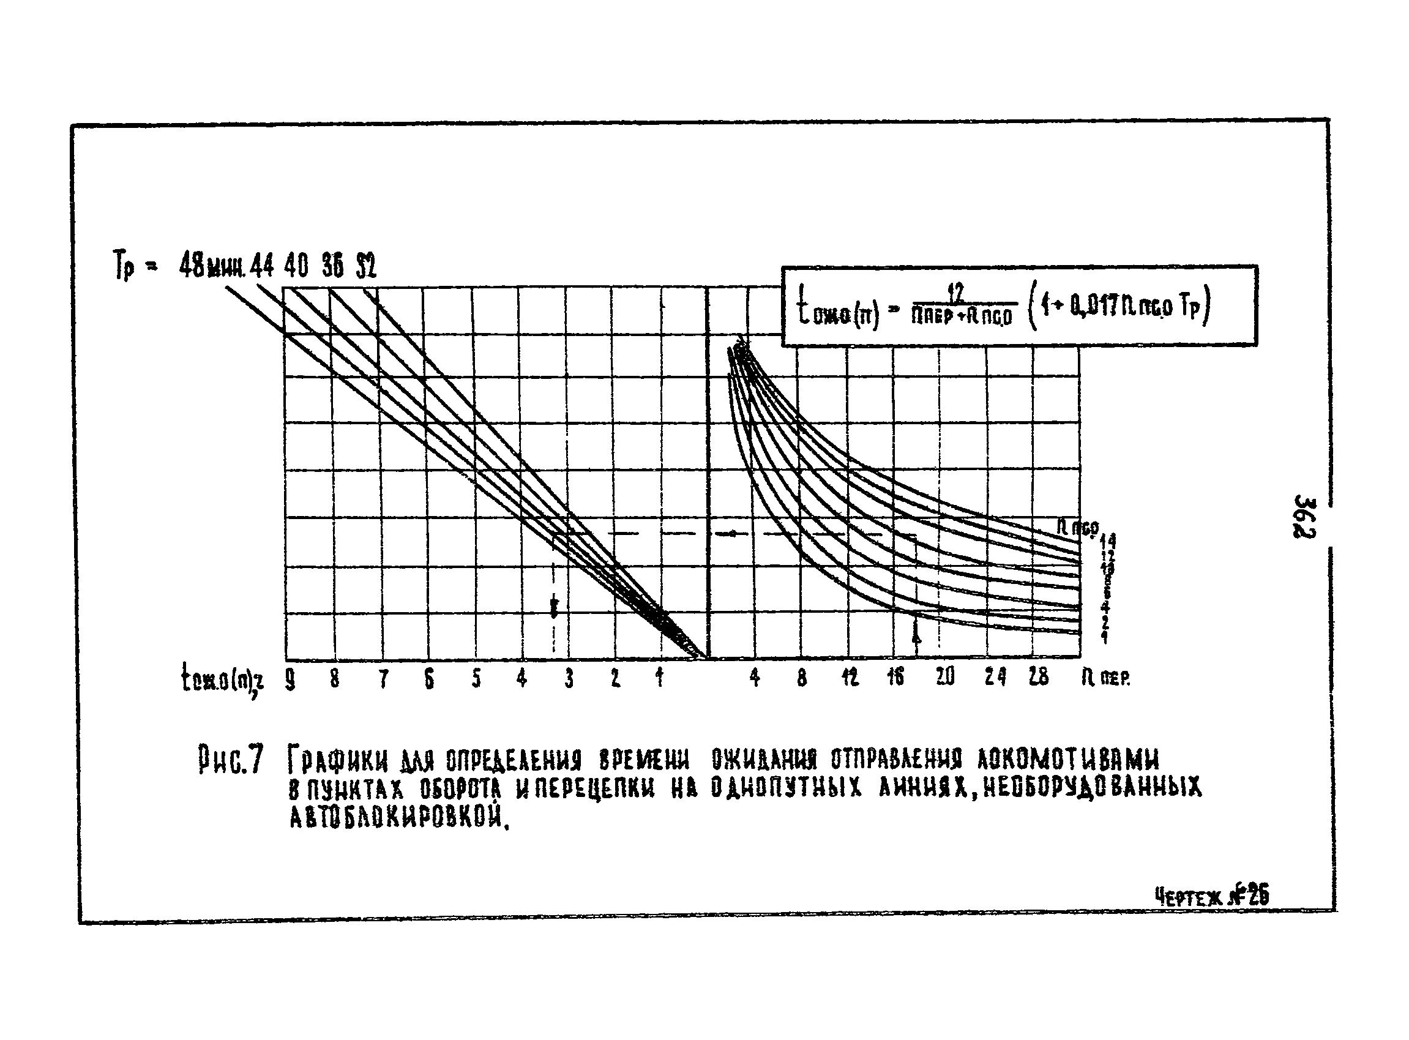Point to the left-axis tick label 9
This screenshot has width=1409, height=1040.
point(290,678)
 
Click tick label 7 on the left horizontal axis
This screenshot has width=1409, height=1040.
point(383,678)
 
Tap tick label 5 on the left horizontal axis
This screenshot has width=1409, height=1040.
point(477,678)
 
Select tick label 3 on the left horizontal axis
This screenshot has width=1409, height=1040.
point(569,678)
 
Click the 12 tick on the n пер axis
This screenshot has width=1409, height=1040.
point(850,678)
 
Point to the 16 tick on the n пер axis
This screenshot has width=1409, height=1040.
point(895,678)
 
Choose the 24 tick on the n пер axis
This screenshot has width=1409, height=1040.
point(995,678)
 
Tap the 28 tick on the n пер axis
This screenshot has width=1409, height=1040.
point(1039,678)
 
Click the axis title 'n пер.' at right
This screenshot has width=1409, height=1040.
point(1106,678)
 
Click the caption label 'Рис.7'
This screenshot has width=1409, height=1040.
point(230,760)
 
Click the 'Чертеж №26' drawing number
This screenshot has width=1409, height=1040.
point(1211,896)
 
